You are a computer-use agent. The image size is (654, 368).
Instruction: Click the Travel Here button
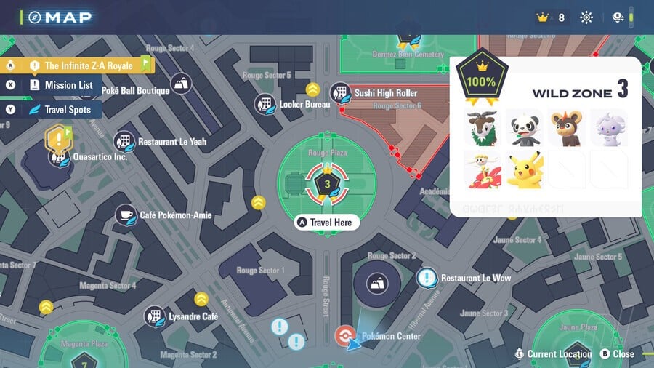tap(326, 222)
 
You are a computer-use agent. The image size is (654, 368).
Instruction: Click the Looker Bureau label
tap(305, 105)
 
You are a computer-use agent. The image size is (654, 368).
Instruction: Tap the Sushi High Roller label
tap(385, 93)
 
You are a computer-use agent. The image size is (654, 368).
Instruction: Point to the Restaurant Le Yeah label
tap(171, 142)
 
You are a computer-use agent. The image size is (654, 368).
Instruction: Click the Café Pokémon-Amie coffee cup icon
tap(126, 215)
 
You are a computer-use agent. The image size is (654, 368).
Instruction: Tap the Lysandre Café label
tap(193, 317)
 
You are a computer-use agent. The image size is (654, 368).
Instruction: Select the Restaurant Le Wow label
tap(475, 278)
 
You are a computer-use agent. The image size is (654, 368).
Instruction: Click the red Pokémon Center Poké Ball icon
tap(344, 335)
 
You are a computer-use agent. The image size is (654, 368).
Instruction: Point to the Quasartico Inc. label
tap(100, 156)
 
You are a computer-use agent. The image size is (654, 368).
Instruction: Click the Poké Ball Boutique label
tap(135, 91)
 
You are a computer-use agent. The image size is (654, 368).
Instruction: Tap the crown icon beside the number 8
tap(542, 17)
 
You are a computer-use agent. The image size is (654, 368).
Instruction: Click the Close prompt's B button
tap(605, 354)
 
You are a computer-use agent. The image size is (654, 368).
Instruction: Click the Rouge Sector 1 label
tap(260, 271)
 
